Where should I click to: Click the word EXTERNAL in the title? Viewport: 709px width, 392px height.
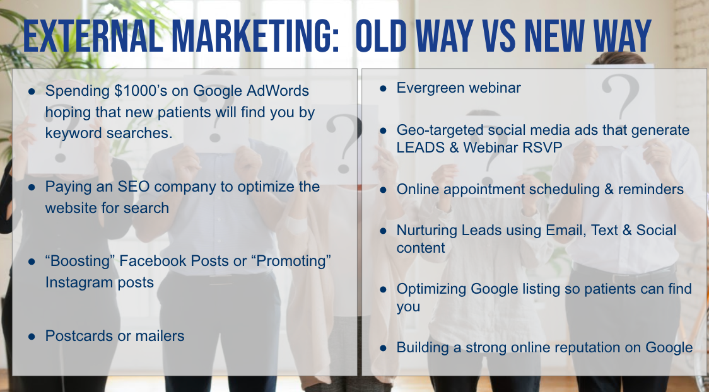click(x=93, y=36)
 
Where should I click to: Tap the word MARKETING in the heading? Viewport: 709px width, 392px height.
click(x=255, y=36)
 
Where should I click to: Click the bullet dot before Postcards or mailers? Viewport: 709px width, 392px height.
click(x=32, y=337)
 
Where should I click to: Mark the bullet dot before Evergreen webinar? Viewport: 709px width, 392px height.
click(x=383, y=88)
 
